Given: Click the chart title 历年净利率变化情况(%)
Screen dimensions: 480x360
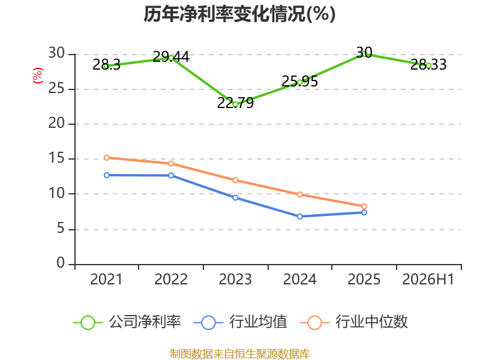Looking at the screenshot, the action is tap(239, 14).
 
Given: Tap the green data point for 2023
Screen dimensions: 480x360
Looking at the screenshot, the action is tap(235, 104).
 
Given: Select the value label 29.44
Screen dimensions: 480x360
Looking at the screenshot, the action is tap(171, 56).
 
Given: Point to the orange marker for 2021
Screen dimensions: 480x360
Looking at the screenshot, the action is tap(107, 158).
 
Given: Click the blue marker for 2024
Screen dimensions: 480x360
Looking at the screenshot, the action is tap(299, 217).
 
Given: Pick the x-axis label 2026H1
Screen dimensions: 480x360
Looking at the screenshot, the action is tap(428, 279).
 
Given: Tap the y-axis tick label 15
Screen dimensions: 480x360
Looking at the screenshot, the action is tap(56, 158).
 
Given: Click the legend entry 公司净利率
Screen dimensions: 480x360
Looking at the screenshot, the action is tap(127, 322).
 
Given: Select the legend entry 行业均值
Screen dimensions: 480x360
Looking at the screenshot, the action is tap(241, 322).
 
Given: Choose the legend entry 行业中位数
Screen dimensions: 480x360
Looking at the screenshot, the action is tap(353, 322).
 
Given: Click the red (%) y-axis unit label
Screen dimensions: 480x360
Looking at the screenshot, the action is tap(38, 76).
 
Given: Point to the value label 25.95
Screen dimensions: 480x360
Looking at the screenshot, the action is tap(299, 81).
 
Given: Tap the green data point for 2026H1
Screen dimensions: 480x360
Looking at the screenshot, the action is tap(428, 65).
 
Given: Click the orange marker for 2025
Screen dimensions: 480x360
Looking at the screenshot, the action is tap(364, 206).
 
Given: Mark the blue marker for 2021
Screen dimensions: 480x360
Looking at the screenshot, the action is tap(107, 175).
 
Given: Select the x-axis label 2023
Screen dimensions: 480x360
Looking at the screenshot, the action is tap(235, 279).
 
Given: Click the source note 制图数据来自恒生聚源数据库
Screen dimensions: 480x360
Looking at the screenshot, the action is tap(240, 354).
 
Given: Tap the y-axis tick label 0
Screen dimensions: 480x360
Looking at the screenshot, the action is tap(61, 263).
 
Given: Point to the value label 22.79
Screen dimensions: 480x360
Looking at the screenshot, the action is tap(235, 103).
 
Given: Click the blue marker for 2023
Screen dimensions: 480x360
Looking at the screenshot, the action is tap(235, 198).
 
